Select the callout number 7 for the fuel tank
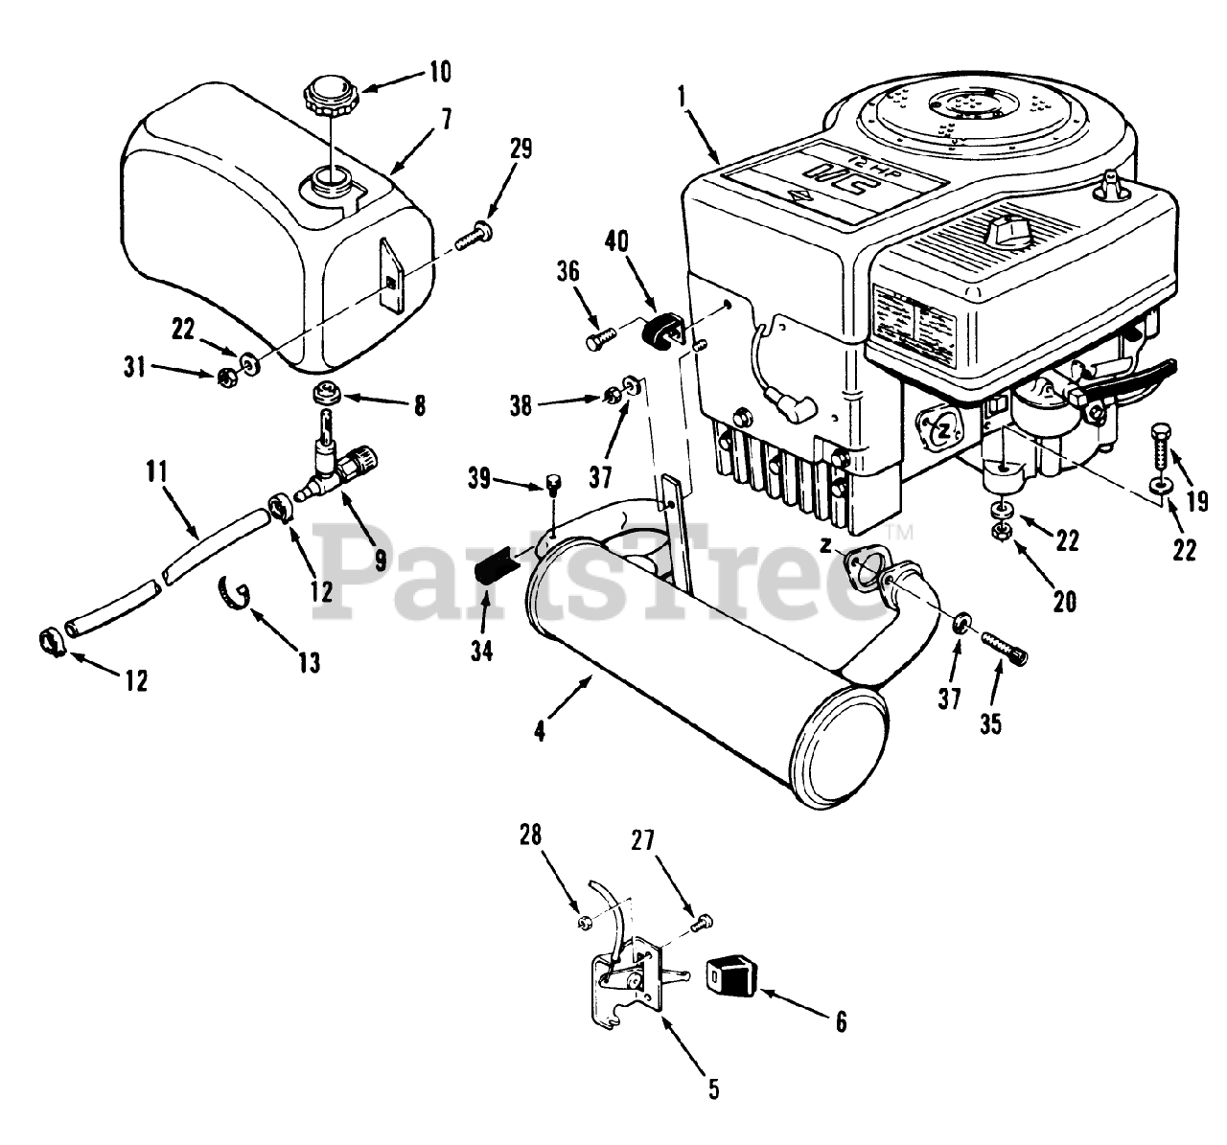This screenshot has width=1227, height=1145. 445,120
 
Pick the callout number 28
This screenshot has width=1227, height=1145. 530,835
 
